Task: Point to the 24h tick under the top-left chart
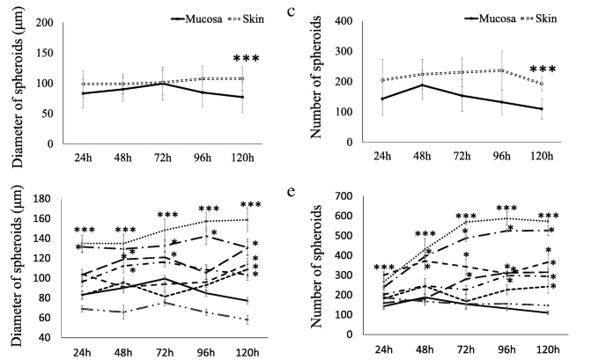[83, 156]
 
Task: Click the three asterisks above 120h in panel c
[543, 70]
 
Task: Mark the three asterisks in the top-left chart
[246, 59]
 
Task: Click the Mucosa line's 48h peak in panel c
[423, 84]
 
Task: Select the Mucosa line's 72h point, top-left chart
[165, 84]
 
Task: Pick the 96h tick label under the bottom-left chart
[205, 349]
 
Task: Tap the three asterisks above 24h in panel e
[385, 268]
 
